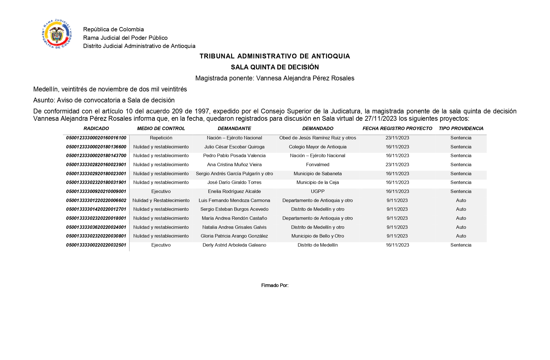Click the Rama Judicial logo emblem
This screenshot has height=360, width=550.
pos(57,34)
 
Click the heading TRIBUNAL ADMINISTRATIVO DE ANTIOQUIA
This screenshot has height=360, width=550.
pos(275,56)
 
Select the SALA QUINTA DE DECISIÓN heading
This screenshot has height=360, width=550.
pos(275,67)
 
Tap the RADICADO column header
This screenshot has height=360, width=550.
pos(96,128)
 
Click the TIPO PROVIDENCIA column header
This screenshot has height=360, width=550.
pos(461,128)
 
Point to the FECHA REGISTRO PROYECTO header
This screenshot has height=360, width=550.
pos(397,128)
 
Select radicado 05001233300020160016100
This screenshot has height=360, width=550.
pos(96,138)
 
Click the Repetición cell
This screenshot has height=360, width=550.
pos(161,138)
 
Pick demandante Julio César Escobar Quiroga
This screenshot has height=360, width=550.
pos(234,147)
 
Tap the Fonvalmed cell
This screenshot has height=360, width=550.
pos(317,164)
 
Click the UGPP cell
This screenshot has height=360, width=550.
pos(317,191)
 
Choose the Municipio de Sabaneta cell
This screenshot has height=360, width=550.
pos(317,174)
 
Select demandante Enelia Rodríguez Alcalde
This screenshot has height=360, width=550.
pos(234,191)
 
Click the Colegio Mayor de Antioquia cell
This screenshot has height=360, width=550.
pos(317,147)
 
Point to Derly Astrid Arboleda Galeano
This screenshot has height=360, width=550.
pos(234,245)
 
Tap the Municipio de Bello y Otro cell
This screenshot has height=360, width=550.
pos(317,236)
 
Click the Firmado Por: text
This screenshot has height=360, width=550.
pos(275,285)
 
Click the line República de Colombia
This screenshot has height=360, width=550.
pos(113,29)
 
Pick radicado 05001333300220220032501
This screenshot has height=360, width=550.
pos(96,245)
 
